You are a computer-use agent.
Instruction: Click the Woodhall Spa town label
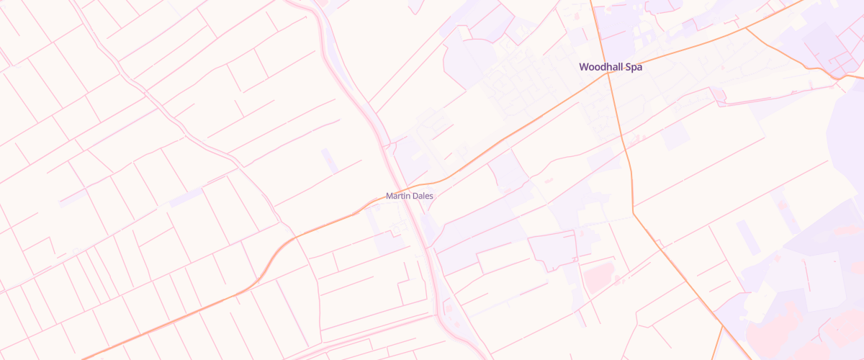[611, 67]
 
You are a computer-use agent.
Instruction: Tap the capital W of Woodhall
[584, 67]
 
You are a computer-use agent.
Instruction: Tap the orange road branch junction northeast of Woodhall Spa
[745, 28]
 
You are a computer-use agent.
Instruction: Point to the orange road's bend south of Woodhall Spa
[633, 211]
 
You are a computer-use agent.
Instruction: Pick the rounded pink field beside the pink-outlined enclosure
[598, 276]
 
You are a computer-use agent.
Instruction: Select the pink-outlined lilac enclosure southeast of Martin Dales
[554, 249]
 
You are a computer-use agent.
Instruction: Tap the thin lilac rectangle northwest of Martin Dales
[330, 160]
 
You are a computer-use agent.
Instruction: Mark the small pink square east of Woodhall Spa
[718, 94]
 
